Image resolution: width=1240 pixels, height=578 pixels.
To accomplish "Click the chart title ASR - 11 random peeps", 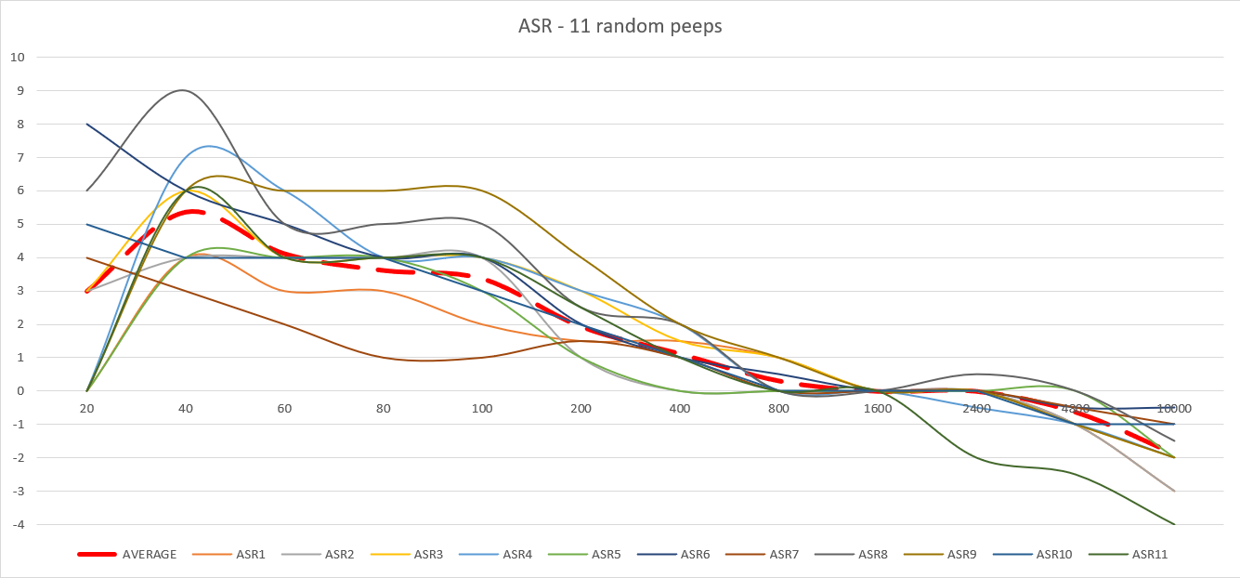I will [x=620, y=26].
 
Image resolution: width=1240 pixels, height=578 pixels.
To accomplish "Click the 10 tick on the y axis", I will [x=18, y=57].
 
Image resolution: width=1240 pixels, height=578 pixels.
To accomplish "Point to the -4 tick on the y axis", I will [x=18, y=525].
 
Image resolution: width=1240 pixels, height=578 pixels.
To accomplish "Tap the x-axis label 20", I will [x=86, y=408].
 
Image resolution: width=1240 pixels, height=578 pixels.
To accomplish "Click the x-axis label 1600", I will [x=878, y=408].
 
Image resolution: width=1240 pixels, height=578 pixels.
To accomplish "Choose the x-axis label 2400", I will [x=976, y=408].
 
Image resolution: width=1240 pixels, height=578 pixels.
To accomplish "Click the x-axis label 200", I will [x=581, y=408].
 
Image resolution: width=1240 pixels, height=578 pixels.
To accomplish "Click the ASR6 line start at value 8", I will [x=87, y=124].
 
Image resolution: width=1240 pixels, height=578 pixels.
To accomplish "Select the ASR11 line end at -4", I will [x=1174, y=524].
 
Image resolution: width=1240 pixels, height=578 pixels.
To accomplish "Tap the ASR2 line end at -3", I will [x=1174, y=491].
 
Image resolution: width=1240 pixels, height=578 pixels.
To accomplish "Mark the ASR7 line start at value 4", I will [x=87, y=257].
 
